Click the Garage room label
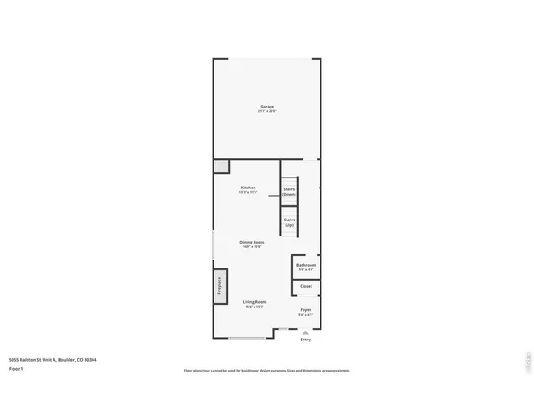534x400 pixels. click(267, 107)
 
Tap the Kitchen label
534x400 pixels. click(249, 188)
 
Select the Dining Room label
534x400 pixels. click(252, 242)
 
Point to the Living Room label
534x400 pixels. click(255, 302)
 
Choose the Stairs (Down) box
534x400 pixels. click(289, 190)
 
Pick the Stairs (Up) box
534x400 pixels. click(289, 222)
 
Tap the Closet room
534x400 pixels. click(306, 286)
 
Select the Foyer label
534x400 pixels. click(305, 309)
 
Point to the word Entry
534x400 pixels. click(305, 340)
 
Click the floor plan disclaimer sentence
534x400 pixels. click(267, 370)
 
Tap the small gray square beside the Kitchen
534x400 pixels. click(221, 166)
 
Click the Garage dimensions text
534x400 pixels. click(267, 112)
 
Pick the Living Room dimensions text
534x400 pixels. click(255, 307)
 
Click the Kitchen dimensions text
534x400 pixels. click(249, 192)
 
